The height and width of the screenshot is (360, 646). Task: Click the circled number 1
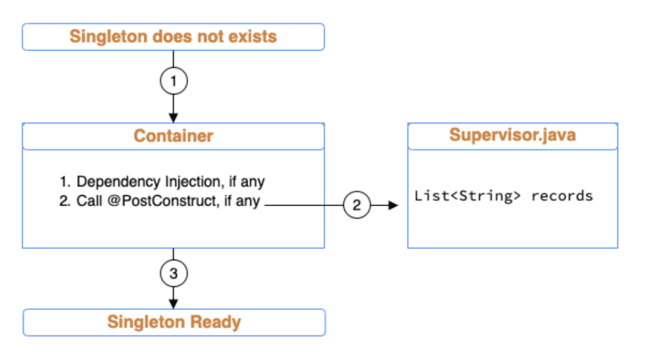[173, 81]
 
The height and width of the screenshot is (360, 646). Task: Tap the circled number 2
[357, 205]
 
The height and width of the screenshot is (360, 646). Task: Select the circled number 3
[173, 273]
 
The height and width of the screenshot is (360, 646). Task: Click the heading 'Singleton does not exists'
[173, 37]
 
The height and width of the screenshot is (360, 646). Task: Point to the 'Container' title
[173, 136]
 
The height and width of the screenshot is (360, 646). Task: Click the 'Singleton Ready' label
[174, 322]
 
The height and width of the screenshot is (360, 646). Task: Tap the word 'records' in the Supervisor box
[562, 195]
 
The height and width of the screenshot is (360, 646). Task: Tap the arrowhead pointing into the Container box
[173, 118]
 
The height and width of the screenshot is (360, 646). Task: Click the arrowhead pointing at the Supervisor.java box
[395, 205]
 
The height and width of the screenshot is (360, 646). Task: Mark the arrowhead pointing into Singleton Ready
[173, 303]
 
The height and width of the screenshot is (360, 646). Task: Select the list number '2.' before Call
[66, 202]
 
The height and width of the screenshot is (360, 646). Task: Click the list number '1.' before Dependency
[66, 182]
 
